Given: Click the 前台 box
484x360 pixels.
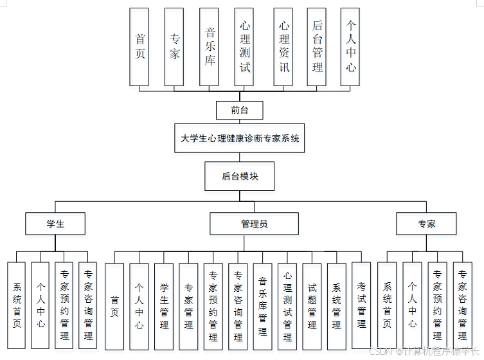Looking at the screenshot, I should (240, 111).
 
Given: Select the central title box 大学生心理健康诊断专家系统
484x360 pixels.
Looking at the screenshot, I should (240, 138).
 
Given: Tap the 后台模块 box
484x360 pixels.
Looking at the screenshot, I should (240, 176).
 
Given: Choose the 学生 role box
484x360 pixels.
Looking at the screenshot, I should (55, 224).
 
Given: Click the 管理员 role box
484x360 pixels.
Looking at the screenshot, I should (254, 224).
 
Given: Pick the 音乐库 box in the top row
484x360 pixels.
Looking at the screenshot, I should (209, 47).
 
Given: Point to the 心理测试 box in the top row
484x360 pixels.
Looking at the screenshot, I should (244, 47).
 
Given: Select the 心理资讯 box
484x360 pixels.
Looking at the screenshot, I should (283, 47).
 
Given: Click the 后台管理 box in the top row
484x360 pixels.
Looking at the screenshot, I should (317, 47).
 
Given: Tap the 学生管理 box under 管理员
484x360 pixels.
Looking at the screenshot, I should (164, 306).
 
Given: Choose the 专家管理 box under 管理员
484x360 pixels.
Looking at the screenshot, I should (188, 306).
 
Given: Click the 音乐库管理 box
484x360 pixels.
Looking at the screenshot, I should (262, 306).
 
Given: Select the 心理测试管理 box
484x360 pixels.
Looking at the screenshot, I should (287, 306).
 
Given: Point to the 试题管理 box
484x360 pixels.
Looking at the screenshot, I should (312, 306).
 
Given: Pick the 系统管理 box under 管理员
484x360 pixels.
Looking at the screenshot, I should (336, 306).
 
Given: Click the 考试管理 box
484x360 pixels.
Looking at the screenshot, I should (361, 306).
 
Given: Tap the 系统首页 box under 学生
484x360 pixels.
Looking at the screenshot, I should (16, 306).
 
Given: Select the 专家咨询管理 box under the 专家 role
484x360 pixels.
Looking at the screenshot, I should (462, 306).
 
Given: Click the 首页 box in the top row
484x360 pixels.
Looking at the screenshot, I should (139, 47).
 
